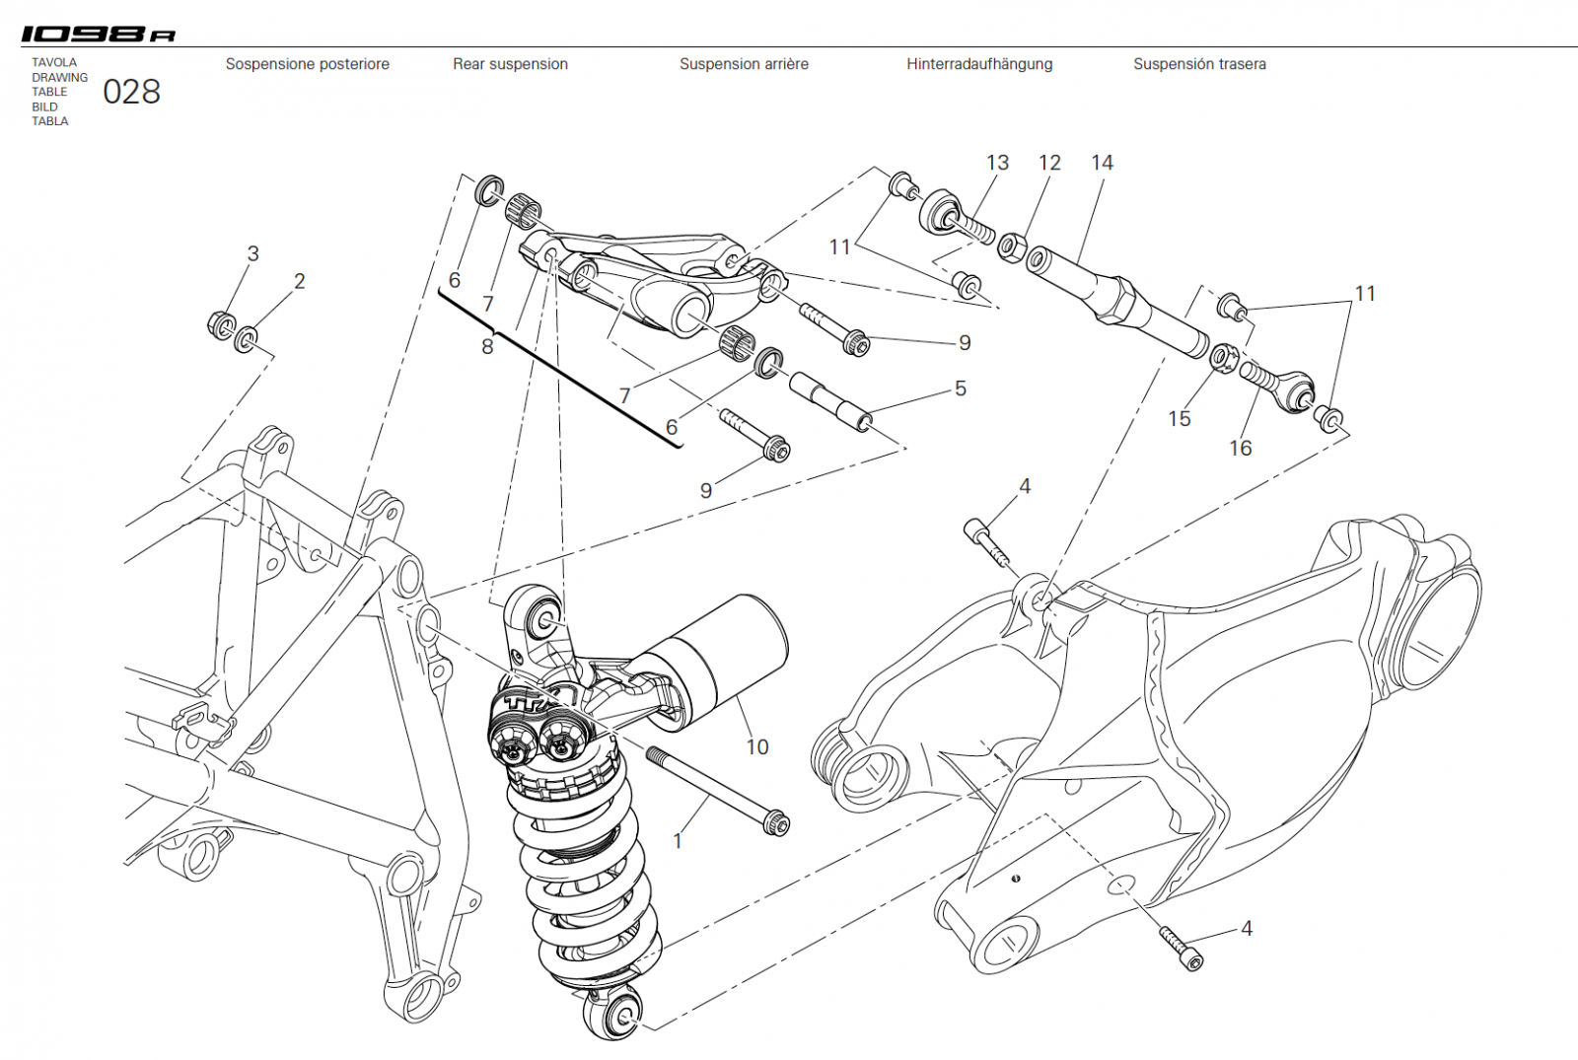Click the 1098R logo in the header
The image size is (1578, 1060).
[x=99, y=35]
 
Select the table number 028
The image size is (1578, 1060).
[x=131, y=92]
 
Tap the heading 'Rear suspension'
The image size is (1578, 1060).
[x=510, y=64]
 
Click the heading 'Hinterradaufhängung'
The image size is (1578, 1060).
[x=979, y=64]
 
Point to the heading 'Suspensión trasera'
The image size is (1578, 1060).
[x=1199, y=64]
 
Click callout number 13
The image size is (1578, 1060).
[x=997, y=163]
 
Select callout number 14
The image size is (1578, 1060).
[x=1102, y=163]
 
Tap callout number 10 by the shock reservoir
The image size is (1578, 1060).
[x=756, y=746]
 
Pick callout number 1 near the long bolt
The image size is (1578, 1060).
[x=678, y=841]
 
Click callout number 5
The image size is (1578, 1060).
[x=960, y=389]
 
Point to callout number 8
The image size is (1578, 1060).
[x=487, y=346]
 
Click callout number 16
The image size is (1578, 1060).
[x=1240, y=448]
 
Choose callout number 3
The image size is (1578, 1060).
[x=252, y=253]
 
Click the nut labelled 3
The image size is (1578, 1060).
[x=221, y=323]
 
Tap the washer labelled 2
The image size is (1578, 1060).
[x=246, y=340]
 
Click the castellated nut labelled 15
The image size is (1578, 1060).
[x=1224, y=357]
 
